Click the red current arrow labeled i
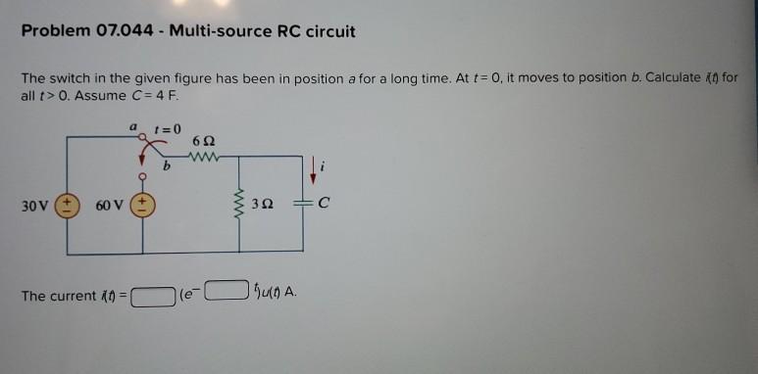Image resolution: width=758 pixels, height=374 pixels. click(x=314, y=169)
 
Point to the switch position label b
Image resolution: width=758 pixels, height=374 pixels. click(x=168, y=167)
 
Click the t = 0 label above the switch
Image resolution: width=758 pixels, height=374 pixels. click(x=169, y=127)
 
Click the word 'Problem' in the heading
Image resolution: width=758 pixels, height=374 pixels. click(x=55, y=31)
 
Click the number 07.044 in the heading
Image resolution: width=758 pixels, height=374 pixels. click(x=126, y=31)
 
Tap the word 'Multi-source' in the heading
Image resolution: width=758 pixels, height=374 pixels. click(x=214, y=31)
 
